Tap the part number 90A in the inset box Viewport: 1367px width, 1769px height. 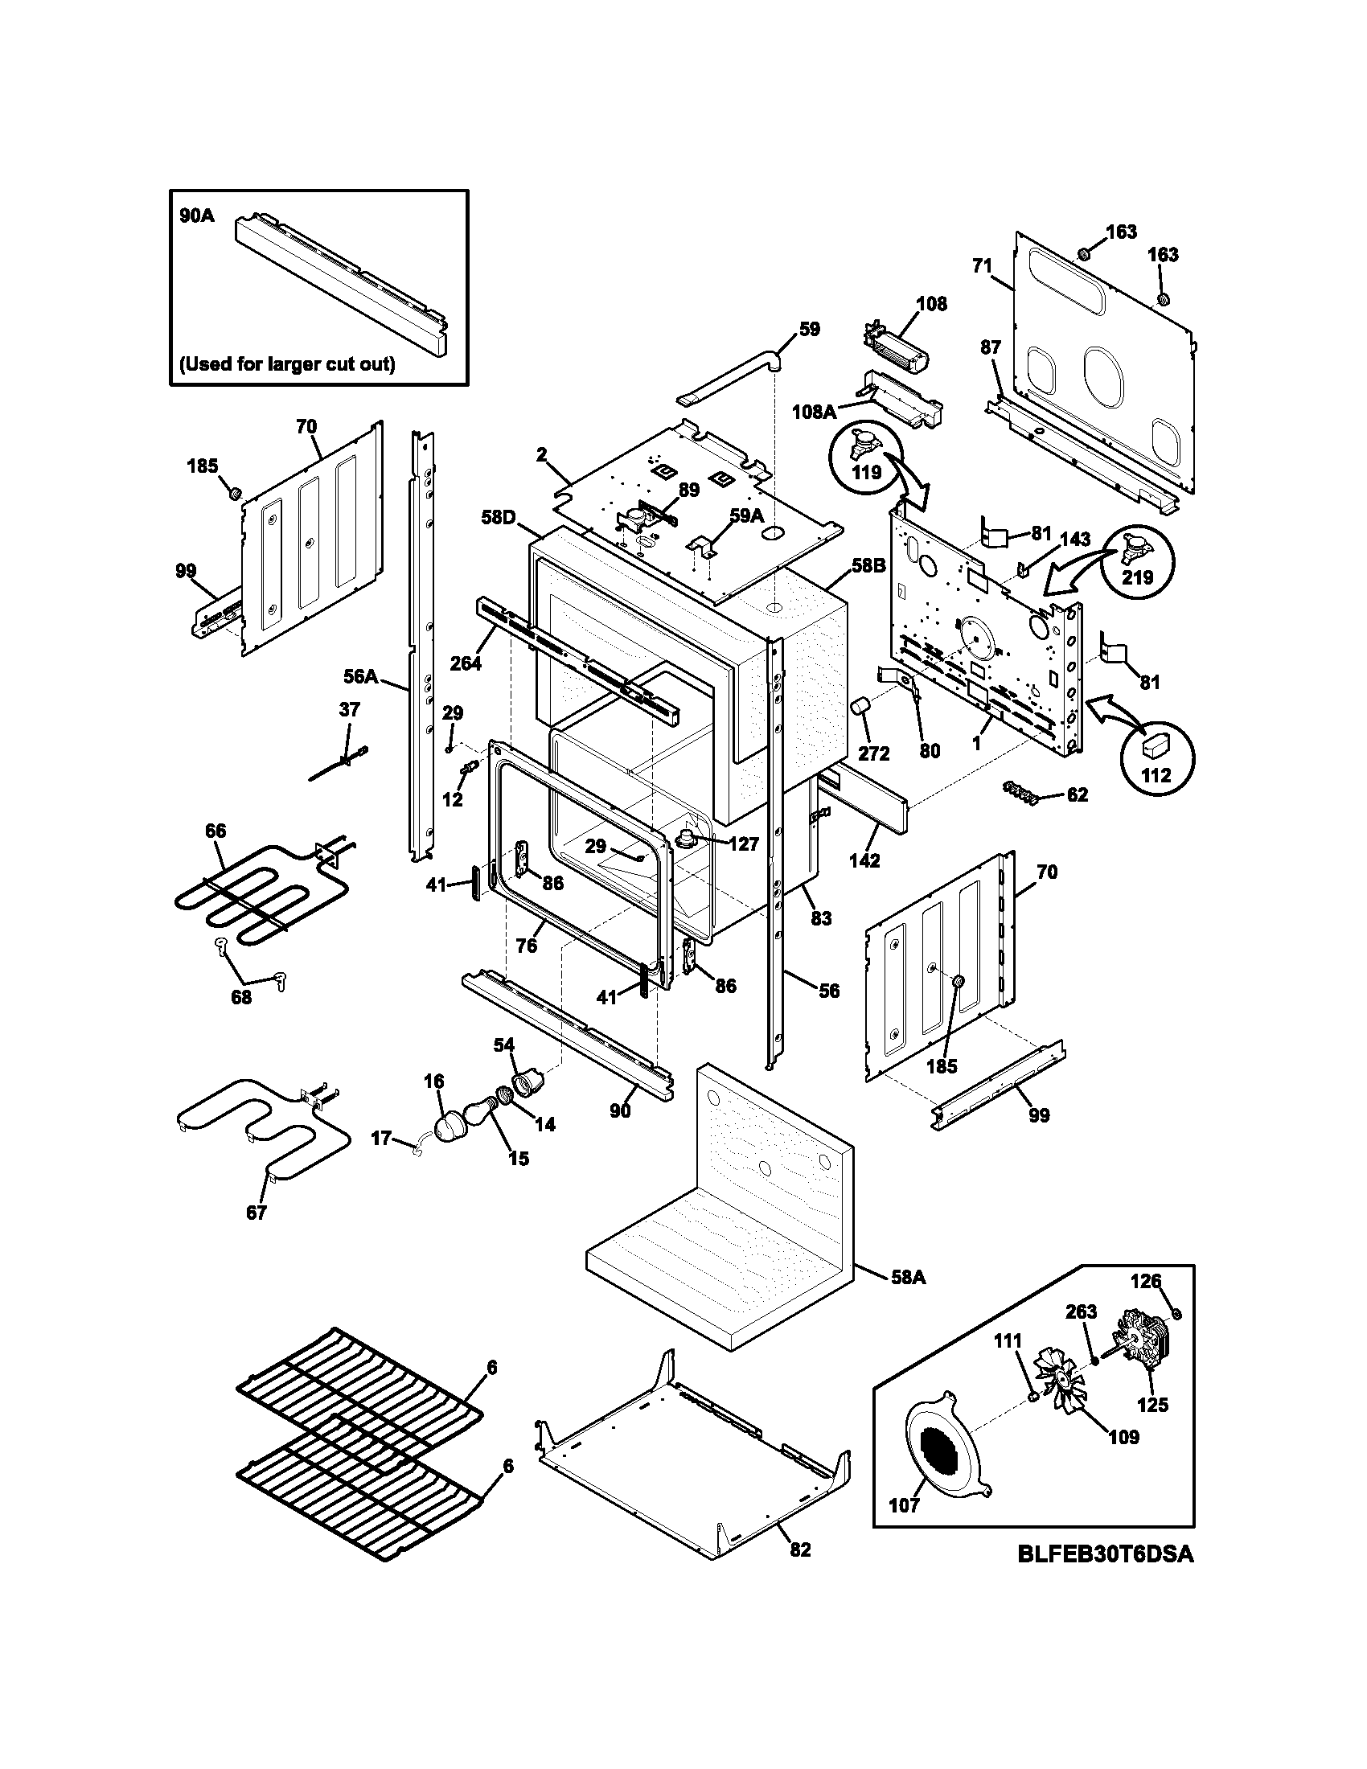[x=197, y=216]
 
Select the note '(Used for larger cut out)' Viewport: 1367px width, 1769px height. [x=287, y=364]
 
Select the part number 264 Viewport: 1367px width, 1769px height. [x=465, y=663]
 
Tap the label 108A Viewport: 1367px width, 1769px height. [x=813, y=412]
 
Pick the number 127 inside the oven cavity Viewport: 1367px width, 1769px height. [x=743, y=844]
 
